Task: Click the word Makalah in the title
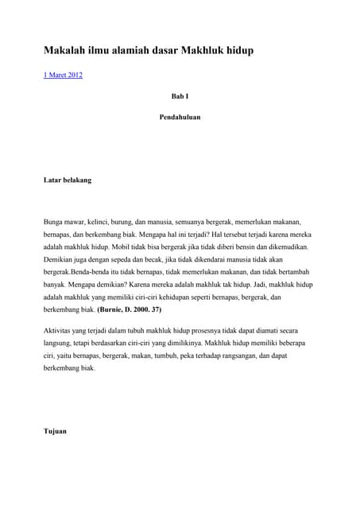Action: (60, 50)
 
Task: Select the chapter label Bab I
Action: (180, 96)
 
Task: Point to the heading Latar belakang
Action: (68, 180)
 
